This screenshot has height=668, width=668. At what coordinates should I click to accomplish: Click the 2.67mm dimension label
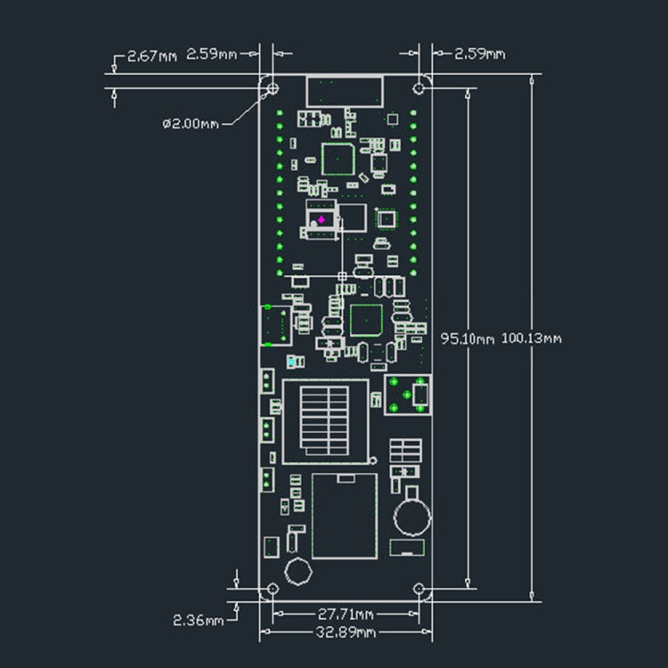tap(152, 55)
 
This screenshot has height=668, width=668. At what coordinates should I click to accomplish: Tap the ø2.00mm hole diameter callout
tap(191, 124)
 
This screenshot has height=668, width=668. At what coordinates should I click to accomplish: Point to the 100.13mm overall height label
tap(532, 338)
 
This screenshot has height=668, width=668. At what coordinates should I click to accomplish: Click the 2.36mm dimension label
tap(199, 619)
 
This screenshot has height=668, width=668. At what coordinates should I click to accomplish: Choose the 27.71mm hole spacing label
tap(345, 614)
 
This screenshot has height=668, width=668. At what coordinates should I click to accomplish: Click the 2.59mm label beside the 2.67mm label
tap(212, 55)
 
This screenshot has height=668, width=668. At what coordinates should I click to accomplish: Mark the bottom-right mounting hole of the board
tap(420, 590)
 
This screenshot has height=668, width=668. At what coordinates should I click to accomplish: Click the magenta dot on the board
tap(321, 218)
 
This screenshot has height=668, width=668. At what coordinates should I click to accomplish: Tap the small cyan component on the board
tap(293, 362)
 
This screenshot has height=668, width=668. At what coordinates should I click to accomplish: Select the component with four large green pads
tap(407, 395)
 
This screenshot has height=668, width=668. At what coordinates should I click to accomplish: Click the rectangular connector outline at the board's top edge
tap(345, 91)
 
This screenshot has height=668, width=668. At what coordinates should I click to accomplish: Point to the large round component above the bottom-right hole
tap(411, 516)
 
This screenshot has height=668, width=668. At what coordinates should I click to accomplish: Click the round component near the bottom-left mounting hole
tap(298, 571)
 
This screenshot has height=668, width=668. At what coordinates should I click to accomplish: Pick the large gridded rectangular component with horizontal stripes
tap(325, 421)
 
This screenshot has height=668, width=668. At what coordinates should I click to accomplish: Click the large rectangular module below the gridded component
tap(344, 516)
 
